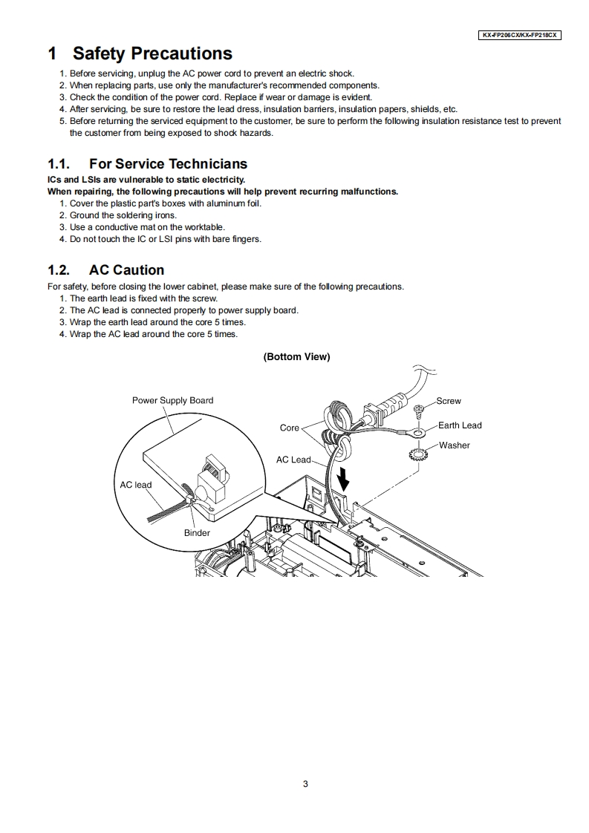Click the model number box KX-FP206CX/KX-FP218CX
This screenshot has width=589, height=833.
(x=519, y=35)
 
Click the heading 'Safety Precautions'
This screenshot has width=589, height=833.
(x=152, y=53)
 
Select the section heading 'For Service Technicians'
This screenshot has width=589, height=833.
(x=168, y=163)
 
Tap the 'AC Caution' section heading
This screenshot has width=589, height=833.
(x=126, y=269)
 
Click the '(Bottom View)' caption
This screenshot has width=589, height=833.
(x=296, y=356)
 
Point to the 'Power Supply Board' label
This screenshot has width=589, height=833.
(x=172, y=400)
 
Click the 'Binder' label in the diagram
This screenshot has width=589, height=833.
(x=197, y=532)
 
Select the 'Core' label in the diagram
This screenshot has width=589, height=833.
(x=289, y=428)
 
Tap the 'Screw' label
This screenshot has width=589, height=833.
(x=449, y=401)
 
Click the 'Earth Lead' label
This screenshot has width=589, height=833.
(x=460, y=425)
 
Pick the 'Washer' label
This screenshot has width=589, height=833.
(x=454, y=445)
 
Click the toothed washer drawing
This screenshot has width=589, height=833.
(x=416, y=453)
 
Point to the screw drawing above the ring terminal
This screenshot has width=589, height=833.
(x=419, y=408)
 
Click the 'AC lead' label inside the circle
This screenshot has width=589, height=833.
(x=136, y=485)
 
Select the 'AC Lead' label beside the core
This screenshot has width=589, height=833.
(x=293, y=460)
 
